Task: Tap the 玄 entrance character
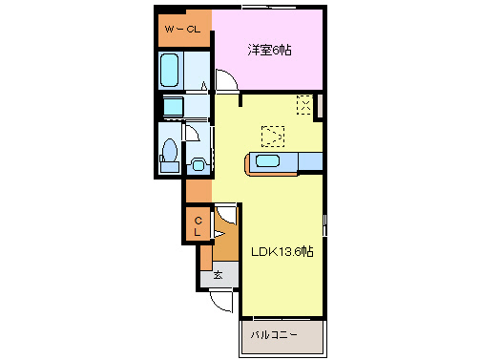pyautogui.click(x=219, y=275)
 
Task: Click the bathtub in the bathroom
pyautogui.click(x=171, y=70)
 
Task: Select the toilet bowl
pyautogui.click(x=170, y=153)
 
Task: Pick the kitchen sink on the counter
pyautogui.click(x=266, y=162)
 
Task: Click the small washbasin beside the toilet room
pyautogui.click(x=198, y=164)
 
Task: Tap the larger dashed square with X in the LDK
pyautogui.click(x=272, y=136)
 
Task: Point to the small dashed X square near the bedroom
pyautogui.click(x=304, y=105)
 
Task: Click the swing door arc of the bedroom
pyautogui.click(x=227, y=83)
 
